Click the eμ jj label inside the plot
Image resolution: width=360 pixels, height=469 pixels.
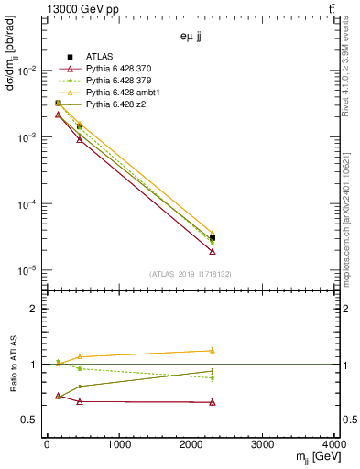(x=191, y=38)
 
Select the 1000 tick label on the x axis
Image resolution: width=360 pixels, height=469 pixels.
(x=118, y=446)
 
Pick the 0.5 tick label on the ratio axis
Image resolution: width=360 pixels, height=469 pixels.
(x=30, y=420)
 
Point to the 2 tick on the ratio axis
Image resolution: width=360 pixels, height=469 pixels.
(x=35, y=309)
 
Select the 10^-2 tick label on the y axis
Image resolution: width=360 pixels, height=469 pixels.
(x=27, y=71)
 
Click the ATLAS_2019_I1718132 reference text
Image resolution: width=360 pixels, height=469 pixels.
(x=191, y=274)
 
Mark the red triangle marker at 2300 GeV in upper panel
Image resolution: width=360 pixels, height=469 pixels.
(x=213, y=251)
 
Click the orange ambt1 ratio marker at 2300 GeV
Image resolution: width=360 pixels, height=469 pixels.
(x=213, y=350)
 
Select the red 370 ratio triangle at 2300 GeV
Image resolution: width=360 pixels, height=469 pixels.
(x=213, y=402)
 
